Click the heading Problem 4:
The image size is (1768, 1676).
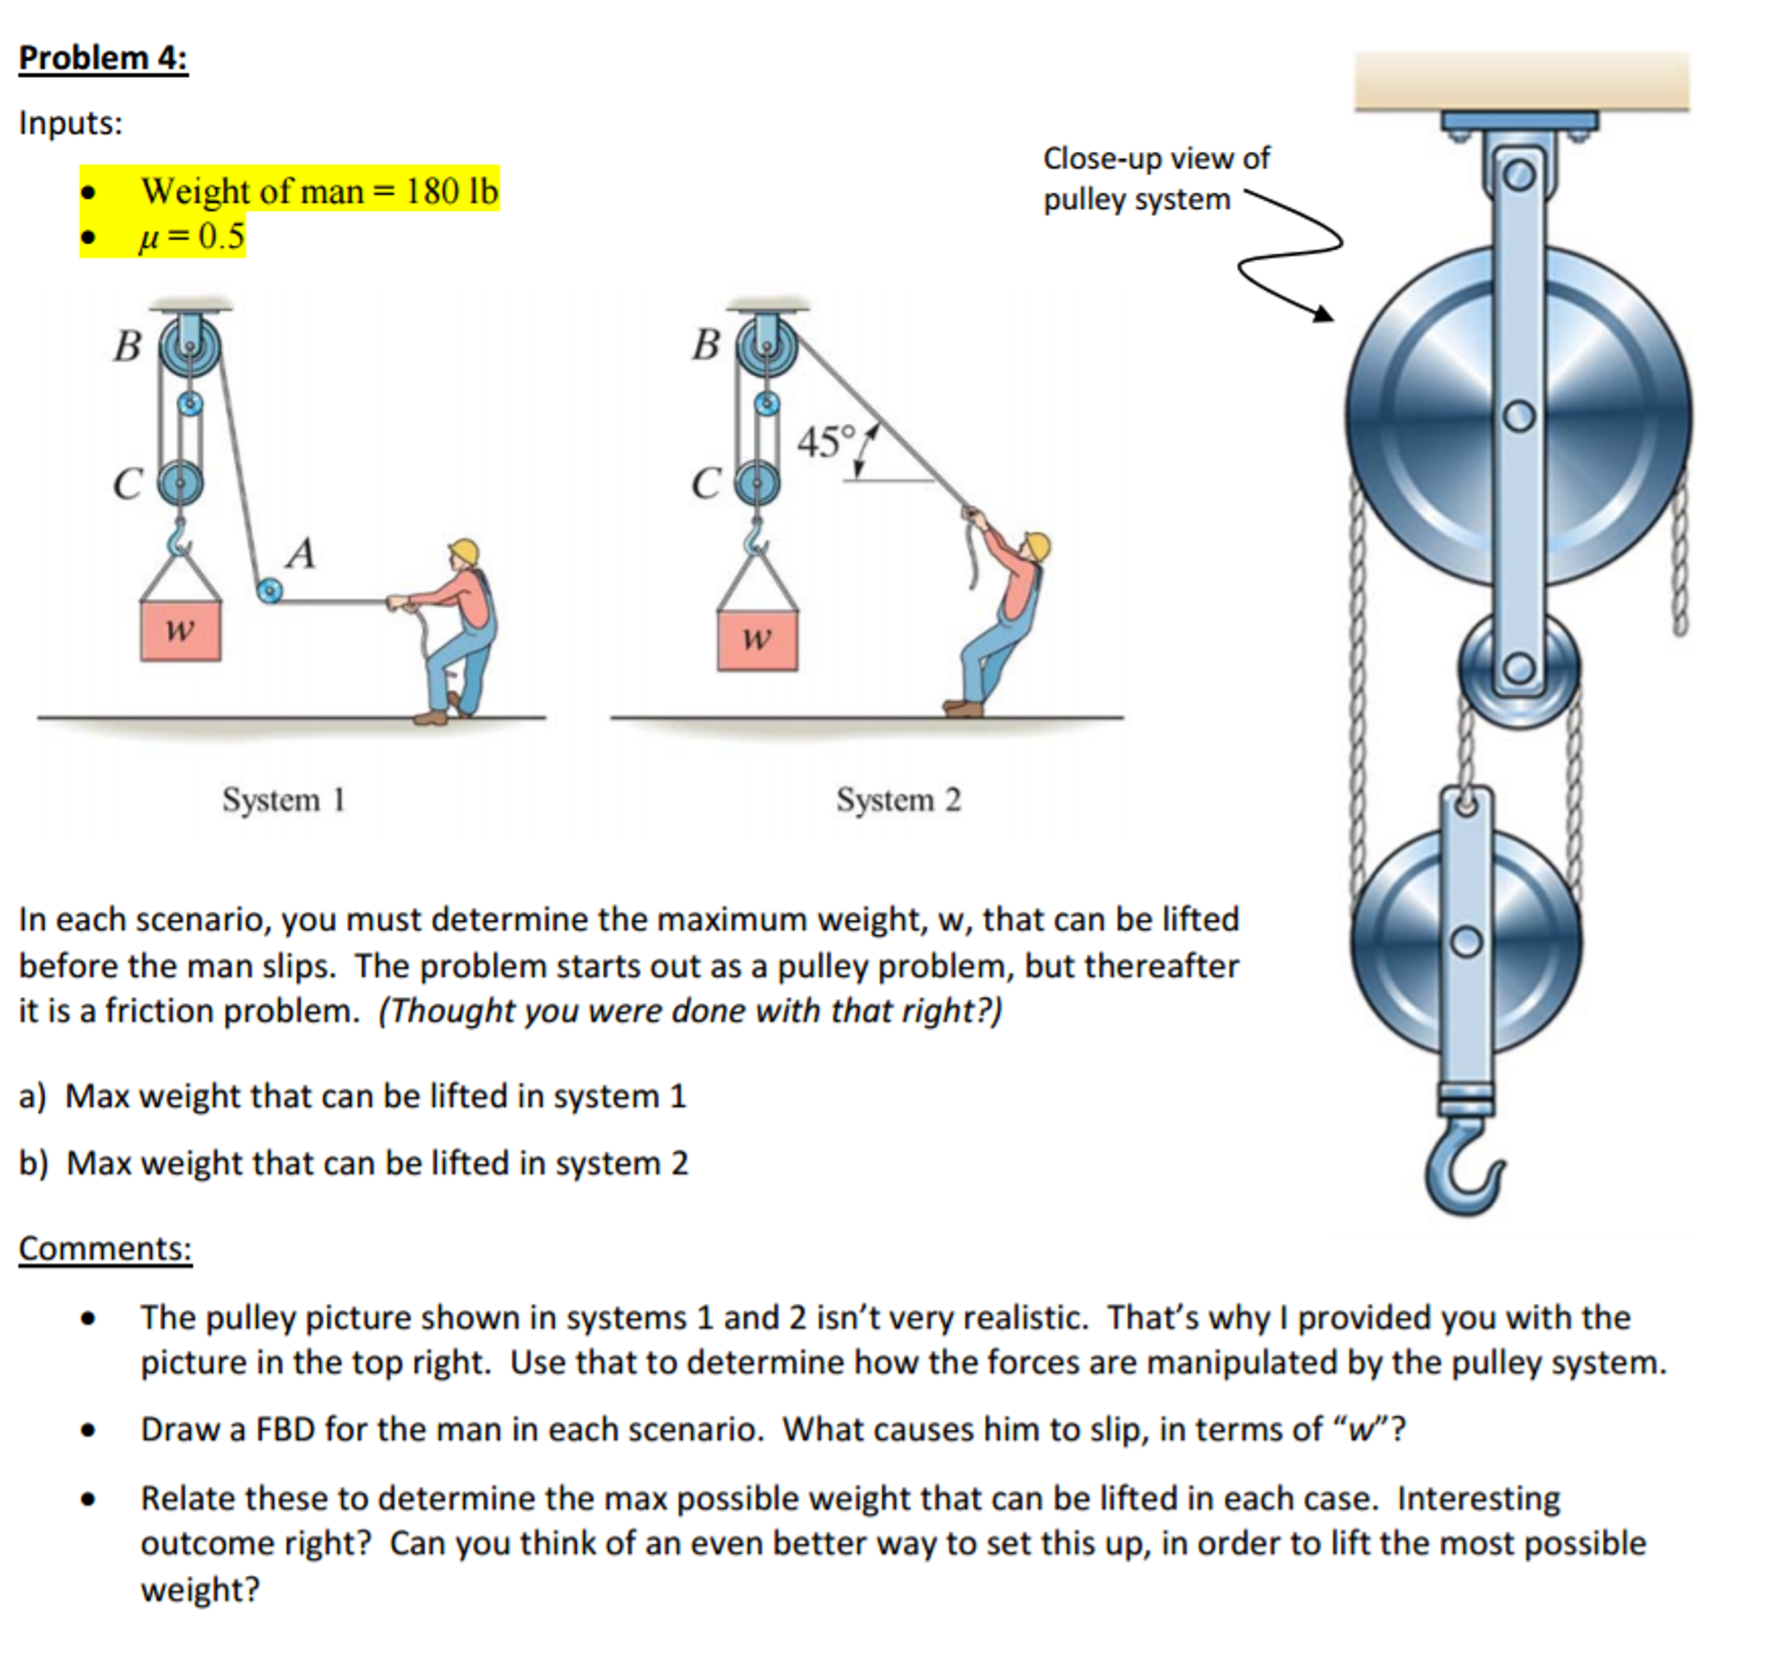(x=103, y=58)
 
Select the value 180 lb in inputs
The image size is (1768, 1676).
(x=451, y=191)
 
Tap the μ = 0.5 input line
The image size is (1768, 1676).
(x=191, y=237)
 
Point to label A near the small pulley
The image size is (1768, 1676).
(x=301, y=553)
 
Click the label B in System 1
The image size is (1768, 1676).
(x=128, y=346)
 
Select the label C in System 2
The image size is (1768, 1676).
(x=705, y=484)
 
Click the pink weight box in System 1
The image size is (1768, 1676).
(x=181, y=631)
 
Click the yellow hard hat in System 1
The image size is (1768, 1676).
(x=465, y=550)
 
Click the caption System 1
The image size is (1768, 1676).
(x=283, y=800)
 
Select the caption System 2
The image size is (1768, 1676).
(x=898, y=800)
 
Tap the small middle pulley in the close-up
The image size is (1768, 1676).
(x=1519, y=669)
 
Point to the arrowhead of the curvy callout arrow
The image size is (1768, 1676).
(x=1325, y=314)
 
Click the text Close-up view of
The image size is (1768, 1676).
(x=1156, y=158)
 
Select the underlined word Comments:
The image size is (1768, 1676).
(x=105, y=1248)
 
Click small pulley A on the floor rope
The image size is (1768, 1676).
(x=268, y=591)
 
